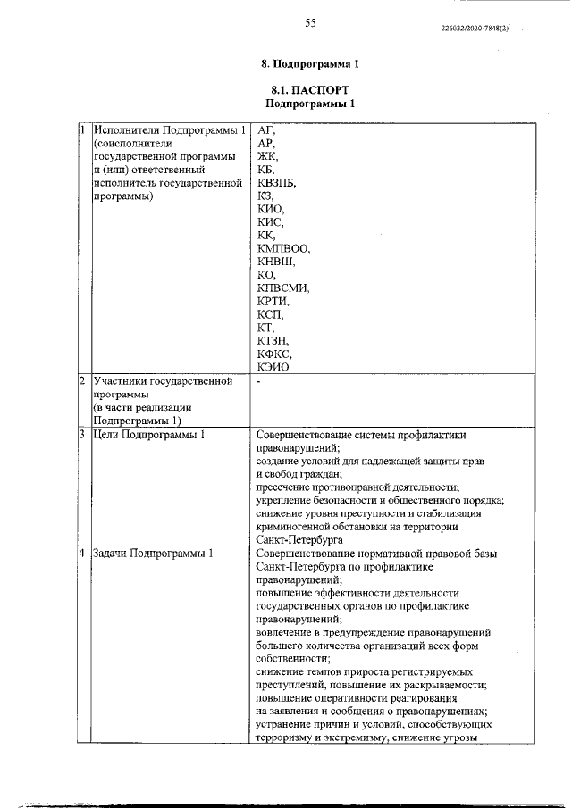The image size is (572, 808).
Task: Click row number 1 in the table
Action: tap(82, 130)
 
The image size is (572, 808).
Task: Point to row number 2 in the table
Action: tap(82, 381)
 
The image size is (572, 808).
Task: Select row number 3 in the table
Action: tap(82, 435)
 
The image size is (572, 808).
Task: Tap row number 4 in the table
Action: tap(82, 554)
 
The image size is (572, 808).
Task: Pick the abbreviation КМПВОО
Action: tap(282, 249)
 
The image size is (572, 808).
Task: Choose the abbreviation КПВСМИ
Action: tap(282, 288)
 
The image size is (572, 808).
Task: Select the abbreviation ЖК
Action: tap(266, 157)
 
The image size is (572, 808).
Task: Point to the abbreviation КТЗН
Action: tap(272, 341)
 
